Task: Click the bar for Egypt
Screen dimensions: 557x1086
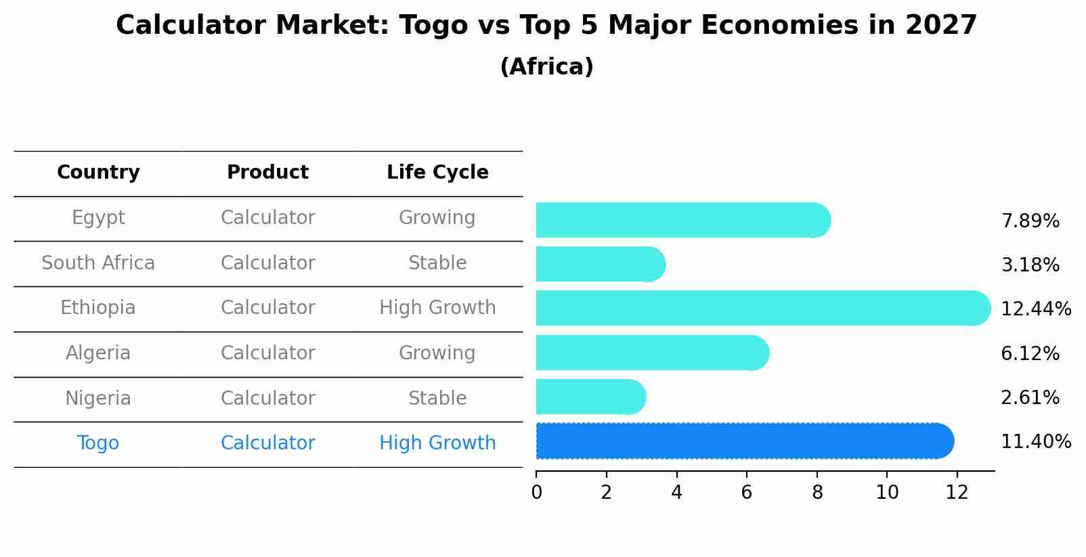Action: tap(682, 220)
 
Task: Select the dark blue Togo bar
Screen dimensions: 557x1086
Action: tap(744, 441)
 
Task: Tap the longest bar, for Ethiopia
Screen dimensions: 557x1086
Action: tap(762, 308)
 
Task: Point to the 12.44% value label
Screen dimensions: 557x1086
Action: tap(1035, 309)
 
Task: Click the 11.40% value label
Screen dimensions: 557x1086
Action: tap(1035, 442)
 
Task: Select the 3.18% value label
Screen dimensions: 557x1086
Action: tap(1030, 265)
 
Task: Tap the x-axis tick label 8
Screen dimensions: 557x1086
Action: tap(817, 493)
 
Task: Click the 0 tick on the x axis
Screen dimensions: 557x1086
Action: tap(536, 493)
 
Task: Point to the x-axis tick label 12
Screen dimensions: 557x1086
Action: tap(957, 493)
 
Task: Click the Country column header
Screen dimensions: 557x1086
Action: tap(98, 173)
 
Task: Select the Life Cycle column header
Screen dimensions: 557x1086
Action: tap(437, 173)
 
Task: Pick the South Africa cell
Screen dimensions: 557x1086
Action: tap(98, 263)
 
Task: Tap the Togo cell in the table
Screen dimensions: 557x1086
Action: tap(98, 443)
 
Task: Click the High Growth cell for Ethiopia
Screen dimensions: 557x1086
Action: tap(437, 308)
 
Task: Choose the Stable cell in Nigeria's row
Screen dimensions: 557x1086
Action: tap(437, 399)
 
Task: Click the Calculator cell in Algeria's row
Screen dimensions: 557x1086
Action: tap(267, 353)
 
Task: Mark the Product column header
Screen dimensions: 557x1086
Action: tap(267, 173)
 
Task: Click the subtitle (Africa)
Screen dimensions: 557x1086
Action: tap(546, 67)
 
